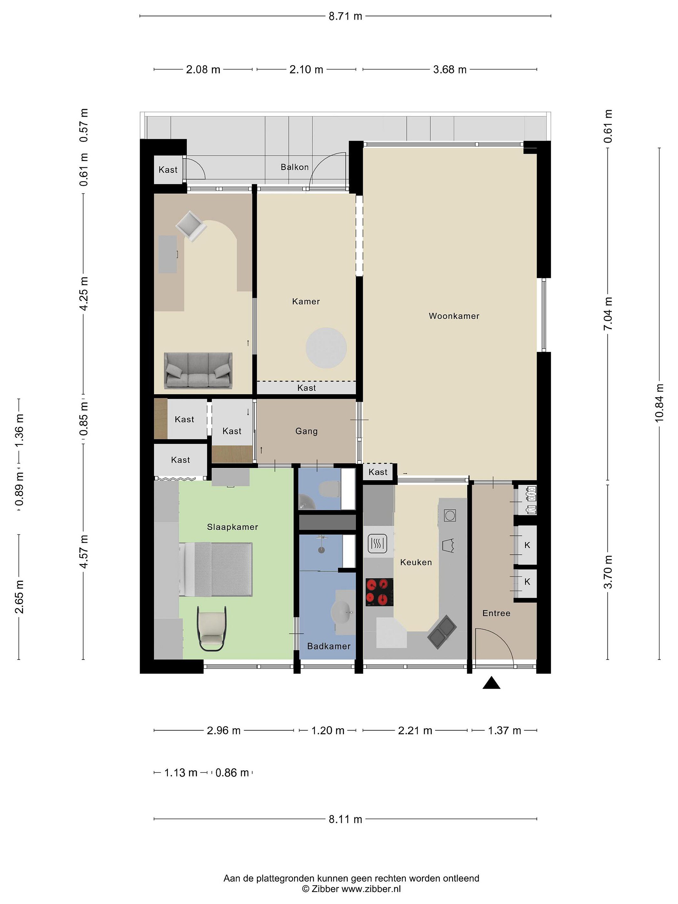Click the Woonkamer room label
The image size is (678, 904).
pos(454,316)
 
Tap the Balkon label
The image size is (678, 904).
pos(294,167)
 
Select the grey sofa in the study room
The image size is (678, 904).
pos(198,371)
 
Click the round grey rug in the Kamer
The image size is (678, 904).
pos(326,348)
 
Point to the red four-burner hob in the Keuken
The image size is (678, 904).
pos(379,592)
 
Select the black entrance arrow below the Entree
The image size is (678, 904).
pos(491,683)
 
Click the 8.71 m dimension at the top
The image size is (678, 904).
pos(345,16)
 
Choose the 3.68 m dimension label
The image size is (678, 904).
pos(449,69)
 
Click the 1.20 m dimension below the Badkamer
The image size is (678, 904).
pos(328,730)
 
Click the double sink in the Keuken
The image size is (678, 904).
pos(442,632)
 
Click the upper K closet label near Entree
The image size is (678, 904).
pos(527,545)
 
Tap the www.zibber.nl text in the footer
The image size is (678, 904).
pos(371,889)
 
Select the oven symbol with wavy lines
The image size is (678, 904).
pos(377,544)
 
